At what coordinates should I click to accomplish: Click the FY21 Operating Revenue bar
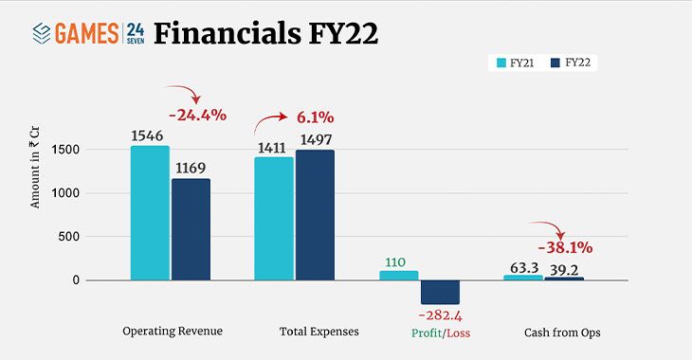point(150,213)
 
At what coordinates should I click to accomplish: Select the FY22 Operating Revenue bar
point(191,229)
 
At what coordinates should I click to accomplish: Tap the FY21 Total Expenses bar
point(274,219)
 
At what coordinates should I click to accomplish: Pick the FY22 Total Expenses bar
point(315,215)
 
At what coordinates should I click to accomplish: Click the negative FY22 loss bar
point(440,292)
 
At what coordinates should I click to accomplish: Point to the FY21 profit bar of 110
point(398,275)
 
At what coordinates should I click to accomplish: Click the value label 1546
point(149,135)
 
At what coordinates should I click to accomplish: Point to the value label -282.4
point(440,315)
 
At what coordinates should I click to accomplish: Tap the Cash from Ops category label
point(562,333)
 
